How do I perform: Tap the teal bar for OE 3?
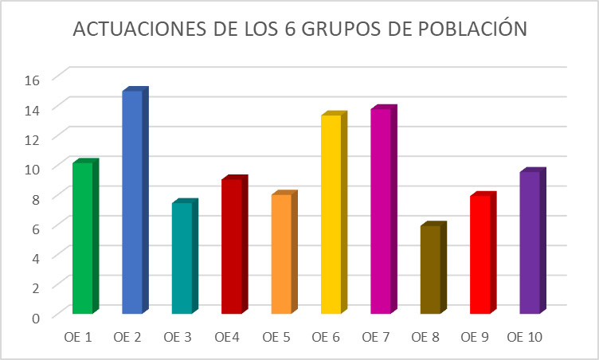(182, 258)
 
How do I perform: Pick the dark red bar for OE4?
(232, 246)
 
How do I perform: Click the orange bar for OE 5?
(281, 253)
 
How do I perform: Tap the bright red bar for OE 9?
(480, 254)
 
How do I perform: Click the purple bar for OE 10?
(530, 242)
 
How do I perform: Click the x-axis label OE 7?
(377, 338)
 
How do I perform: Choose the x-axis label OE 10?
(525, 338)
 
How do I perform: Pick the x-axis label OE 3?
(178, 338)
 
